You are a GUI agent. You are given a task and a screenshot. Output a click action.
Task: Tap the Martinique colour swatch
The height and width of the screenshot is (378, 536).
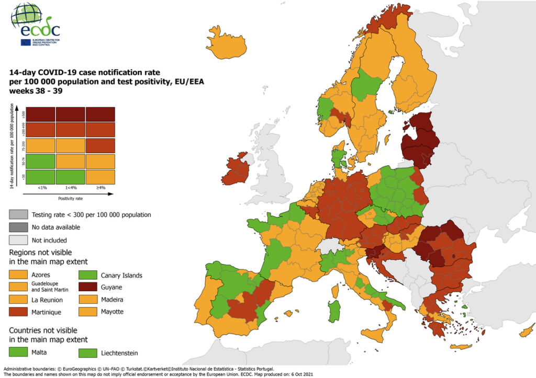[x=18, y=312]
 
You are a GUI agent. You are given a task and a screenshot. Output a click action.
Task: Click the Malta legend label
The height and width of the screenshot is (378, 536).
[x=39, y=353]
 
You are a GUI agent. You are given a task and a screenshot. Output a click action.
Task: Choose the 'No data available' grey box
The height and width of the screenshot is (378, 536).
[x=18, y=227]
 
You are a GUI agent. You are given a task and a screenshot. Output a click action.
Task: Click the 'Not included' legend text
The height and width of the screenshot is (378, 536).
[x=49, y=240]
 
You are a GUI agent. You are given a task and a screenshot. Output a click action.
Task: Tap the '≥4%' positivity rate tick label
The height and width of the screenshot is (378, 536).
[x=100, y=188]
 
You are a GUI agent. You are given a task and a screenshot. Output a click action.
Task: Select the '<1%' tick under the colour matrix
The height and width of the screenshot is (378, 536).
[x=40, y=188]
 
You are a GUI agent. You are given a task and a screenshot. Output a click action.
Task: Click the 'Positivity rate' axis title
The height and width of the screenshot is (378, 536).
[x=70, y=198]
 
